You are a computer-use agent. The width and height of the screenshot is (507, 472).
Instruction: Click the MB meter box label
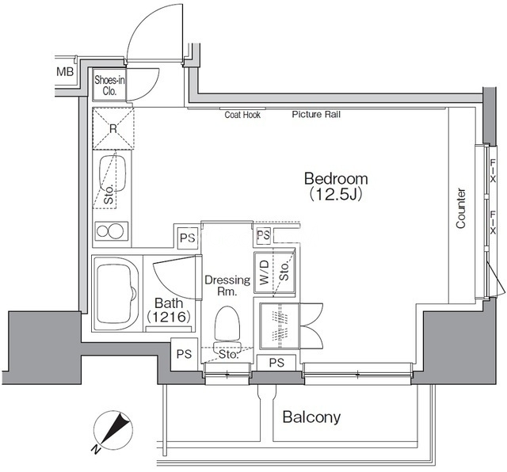[65, 71]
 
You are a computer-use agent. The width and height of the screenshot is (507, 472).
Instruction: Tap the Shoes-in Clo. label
[109, 86]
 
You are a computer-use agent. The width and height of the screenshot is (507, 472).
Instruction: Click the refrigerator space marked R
[113, 128]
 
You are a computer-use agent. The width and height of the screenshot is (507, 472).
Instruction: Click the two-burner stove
[112, 231]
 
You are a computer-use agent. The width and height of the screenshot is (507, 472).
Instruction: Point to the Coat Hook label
[242, 115]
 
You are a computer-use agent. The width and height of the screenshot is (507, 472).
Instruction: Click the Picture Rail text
[316, 114]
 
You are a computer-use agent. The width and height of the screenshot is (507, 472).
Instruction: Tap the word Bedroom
[336, 178]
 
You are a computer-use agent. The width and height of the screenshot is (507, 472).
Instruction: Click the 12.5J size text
[336, 194]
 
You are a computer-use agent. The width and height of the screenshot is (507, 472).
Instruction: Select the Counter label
[461, 208]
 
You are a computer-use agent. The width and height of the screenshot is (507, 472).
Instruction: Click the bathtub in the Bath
[116, 294]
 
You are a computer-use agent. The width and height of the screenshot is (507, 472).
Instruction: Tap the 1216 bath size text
[168, 317]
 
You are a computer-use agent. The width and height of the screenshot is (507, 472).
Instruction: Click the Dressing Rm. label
[227, 285]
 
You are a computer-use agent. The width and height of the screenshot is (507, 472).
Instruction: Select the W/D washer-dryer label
[265, 272]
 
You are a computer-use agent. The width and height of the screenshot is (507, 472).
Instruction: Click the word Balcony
[311, 417]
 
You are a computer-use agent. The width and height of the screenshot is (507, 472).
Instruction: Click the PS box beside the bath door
[188, 238]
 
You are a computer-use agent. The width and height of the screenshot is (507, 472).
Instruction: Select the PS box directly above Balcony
[276, 363]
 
